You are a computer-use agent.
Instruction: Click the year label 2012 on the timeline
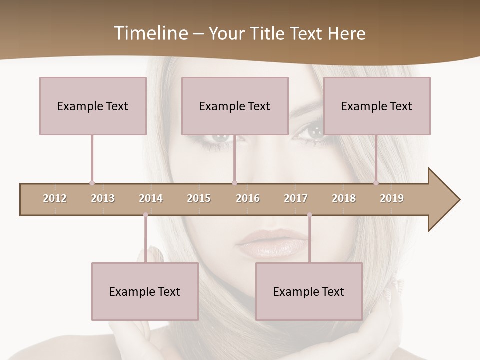point(55,198)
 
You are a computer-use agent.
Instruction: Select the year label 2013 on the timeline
point(103,198)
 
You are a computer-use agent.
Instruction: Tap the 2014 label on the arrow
point(151,198)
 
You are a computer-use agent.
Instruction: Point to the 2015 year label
point(199,198)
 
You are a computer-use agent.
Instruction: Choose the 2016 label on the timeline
point(248,198)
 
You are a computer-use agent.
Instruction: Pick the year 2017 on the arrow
point(296,198)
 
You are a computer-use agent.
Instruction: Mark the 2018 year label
point(344,198)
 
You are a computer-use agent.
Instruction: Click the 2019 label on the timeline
point(392,198)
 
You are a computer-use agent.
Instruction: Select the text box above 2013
point(93,106)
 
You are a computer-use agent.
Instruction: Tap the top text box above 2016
point(235,106)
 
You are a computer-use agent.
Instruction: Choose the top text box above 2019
point(377,106)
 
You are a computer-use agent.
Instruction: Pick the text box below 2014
point(145,291)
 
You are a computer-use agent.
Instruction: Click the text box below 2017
point(309,291)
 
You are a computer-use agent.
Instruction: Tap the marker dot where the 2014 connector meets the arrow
point(145,215)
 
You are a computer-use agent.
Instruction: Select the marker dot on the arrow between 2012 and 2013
point(92,183)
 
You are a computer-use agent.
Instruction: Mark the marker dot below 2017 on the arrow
point(309,215)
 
